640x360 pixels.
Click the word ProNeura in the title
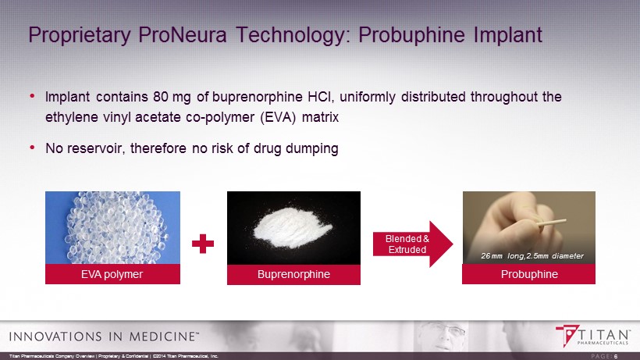tap(182, 34)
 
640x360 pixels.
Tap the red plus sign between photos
tap(203, 244)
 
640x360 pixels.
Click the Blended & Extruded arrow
tap(413, 244)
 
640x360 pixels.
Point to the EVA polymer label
tap(112, 274)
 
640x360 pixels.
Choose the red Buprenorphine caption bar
tap(293, 274)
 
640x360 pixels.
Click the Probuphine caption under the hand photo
tap(529, 274)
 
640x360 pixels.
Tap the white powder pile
tap(292, 227)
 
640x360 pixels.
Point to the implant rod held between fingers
tap(552, 223)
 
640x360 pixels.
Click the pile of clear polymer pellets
tap(116, 228)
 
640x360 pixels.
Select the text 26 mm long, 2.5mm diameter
tap(532, 256)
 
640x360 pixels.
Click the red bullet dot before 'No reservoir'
tap(32, 148)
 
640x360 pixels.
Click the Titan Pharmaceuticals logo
tap(592, 336)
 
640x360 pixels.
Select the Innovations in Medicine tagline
tap(104, 337)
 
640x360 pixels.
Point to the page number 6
tap(616, 356)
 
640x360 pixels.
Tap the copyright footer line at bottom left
tap(114, 356)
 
